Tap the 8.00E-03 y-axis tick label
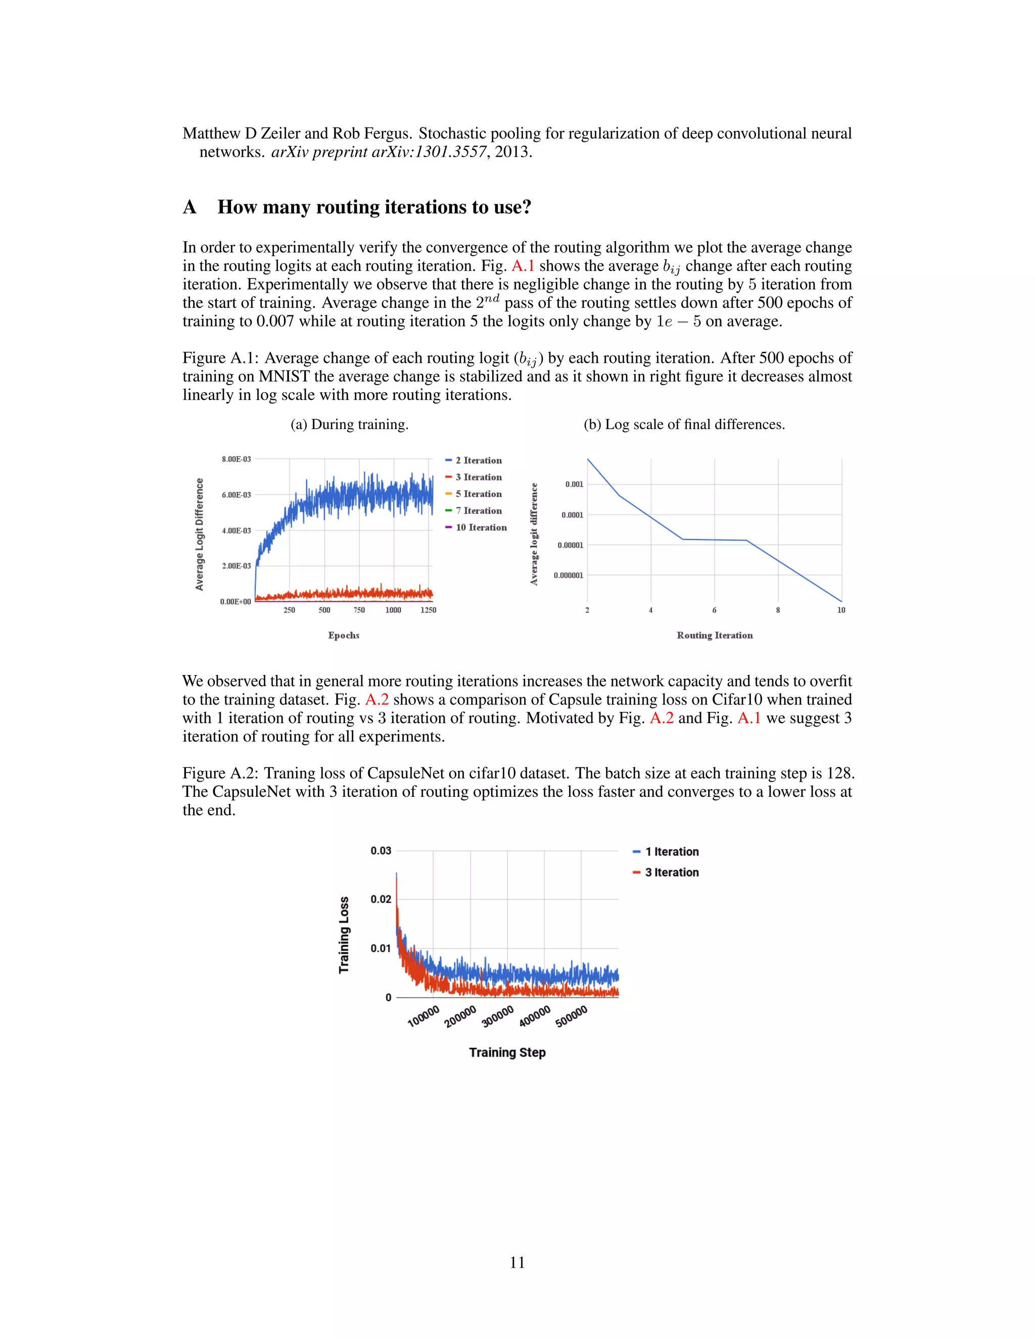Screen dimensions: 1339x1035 tap(236, 459)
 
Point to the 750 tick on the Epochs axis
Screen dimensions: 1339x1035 tap(359, 610)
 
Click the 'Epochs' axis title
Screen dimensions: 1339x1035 tap(343, 635)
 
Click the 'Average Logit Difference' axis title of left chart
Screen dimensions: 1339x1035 tap(199, 534)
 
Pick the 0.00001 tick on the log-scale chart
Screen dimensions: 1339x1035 tap(570, 545)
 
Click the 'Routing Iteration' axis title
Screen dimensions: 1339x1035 tap(714, 635)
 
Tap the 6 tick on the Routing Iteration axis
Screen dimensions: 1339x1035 tap(714, 610)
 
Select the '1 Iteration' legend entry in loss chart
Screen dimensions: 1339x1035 tap(672, 851)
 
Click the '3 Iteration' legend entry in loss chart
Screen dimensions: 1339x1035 tap(672, 873)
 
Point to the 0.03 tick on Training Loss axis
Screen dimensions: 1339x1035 tap(381, 851)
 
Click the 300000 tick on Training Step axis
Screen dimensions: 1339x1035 tap(497, 1017)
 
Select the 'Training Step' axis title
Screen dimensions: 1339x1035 tap(507, 1053)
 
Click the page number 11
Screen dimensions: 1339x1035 tap(517, 1262)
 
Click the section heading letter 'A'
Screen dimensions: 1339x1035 tap(190, 207)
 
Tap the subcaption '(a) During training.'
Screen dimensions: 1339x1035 tap(350, 424)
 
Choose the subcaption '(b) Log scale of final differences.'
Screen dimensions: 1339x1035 tap(684, 424)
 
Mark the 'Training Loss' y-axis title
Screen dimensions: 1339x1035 tap(344, 934)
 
